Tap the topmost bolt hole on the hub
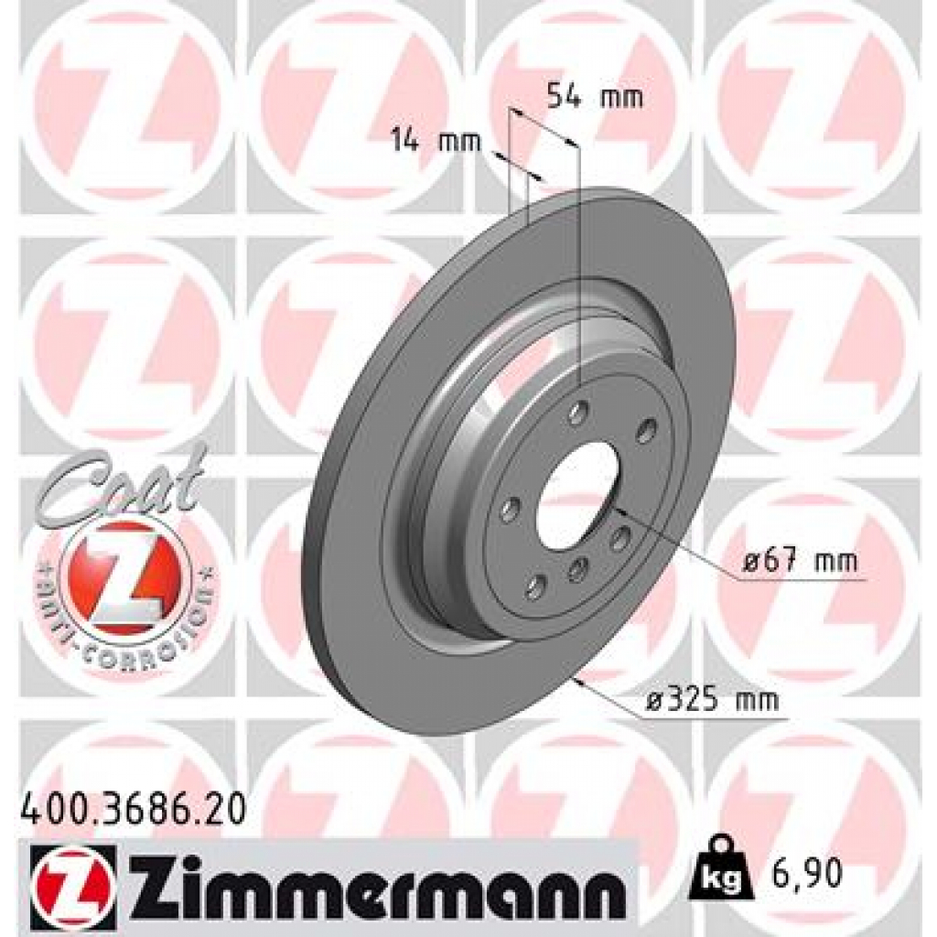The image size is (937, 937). tap(577, 412)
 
